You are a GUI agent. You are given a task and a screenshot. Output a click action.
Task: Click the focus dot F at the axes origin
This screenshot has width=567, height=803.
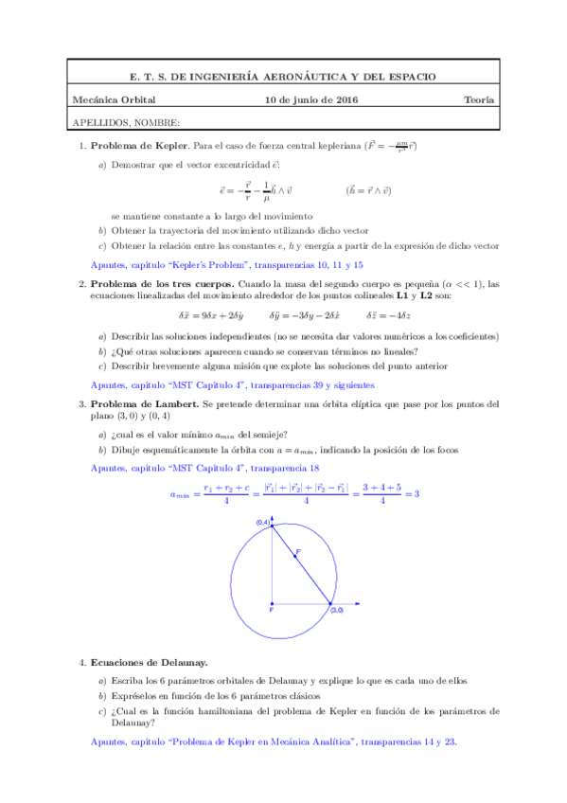pos(273,603)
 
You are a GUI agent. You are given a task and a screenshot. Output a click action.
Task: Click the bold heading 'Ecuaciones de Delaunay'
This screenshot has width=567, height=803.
pos(149,664)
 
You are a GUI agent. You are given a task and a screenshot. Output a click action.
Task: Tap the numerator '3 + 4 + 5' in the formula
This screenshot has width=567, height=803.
pos(381,487)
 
